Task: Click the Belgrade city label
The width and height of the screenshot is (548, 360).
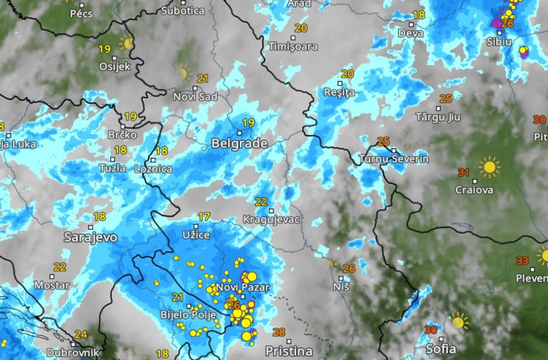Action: [x=239, y=143]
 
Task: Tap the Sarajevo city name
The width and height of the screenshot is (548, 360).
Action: [x=91, y=237]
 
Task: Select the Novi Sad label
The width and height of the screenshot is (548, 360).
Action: [x=195, y=97]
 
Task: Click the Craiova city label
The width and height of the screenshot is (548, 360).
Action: [x=474, y=190]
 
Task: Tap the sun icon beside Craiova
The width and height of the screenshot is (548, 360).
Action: [x=489, y=167]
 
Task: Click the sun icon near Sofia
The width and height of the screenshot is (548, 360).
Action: [x=459, y=321]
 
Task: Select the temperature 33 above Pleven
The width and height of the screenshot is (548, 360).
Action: [x=522, y=261]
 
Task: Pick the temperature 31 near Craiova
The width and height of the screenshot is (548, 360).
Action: [x=464, y=172]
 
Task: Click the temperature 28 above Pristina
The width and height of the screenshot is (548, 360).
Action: [x=279, y=332]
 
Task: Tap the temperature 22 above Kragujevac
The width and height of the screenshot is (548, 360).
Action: [x=261, y=202]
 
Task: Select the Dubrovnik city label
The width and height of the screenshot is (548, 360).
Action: [x=72, y=352]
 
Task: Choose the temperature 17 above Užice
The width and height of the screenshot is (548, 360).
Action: [x=204, y=217]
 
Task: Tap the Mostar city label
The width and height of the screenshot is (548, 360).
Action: [x=52, y=285]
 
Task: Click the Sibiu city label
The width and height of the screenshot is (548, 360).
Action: [x=499, y=41]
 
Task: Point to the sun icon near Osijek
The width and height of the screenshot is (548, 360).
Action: [x=126, y=44]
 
